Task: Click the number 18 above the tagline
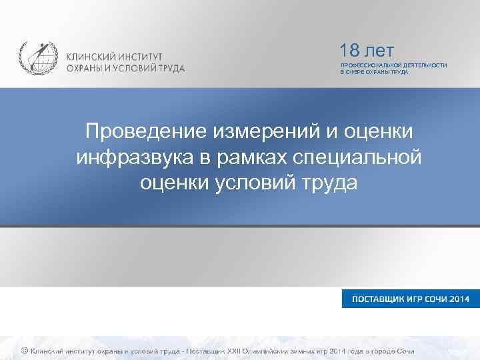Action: coord(350,51)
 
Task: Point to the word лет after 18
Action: coord(379,51)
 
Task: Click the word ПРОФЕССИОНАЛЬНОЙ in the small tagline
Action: coord(368,65)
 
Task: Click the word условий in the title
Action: coord(249,182)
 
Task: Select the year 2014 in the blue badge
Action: coord(460,298)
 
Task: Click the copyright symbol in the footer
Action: coord(24,351)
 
